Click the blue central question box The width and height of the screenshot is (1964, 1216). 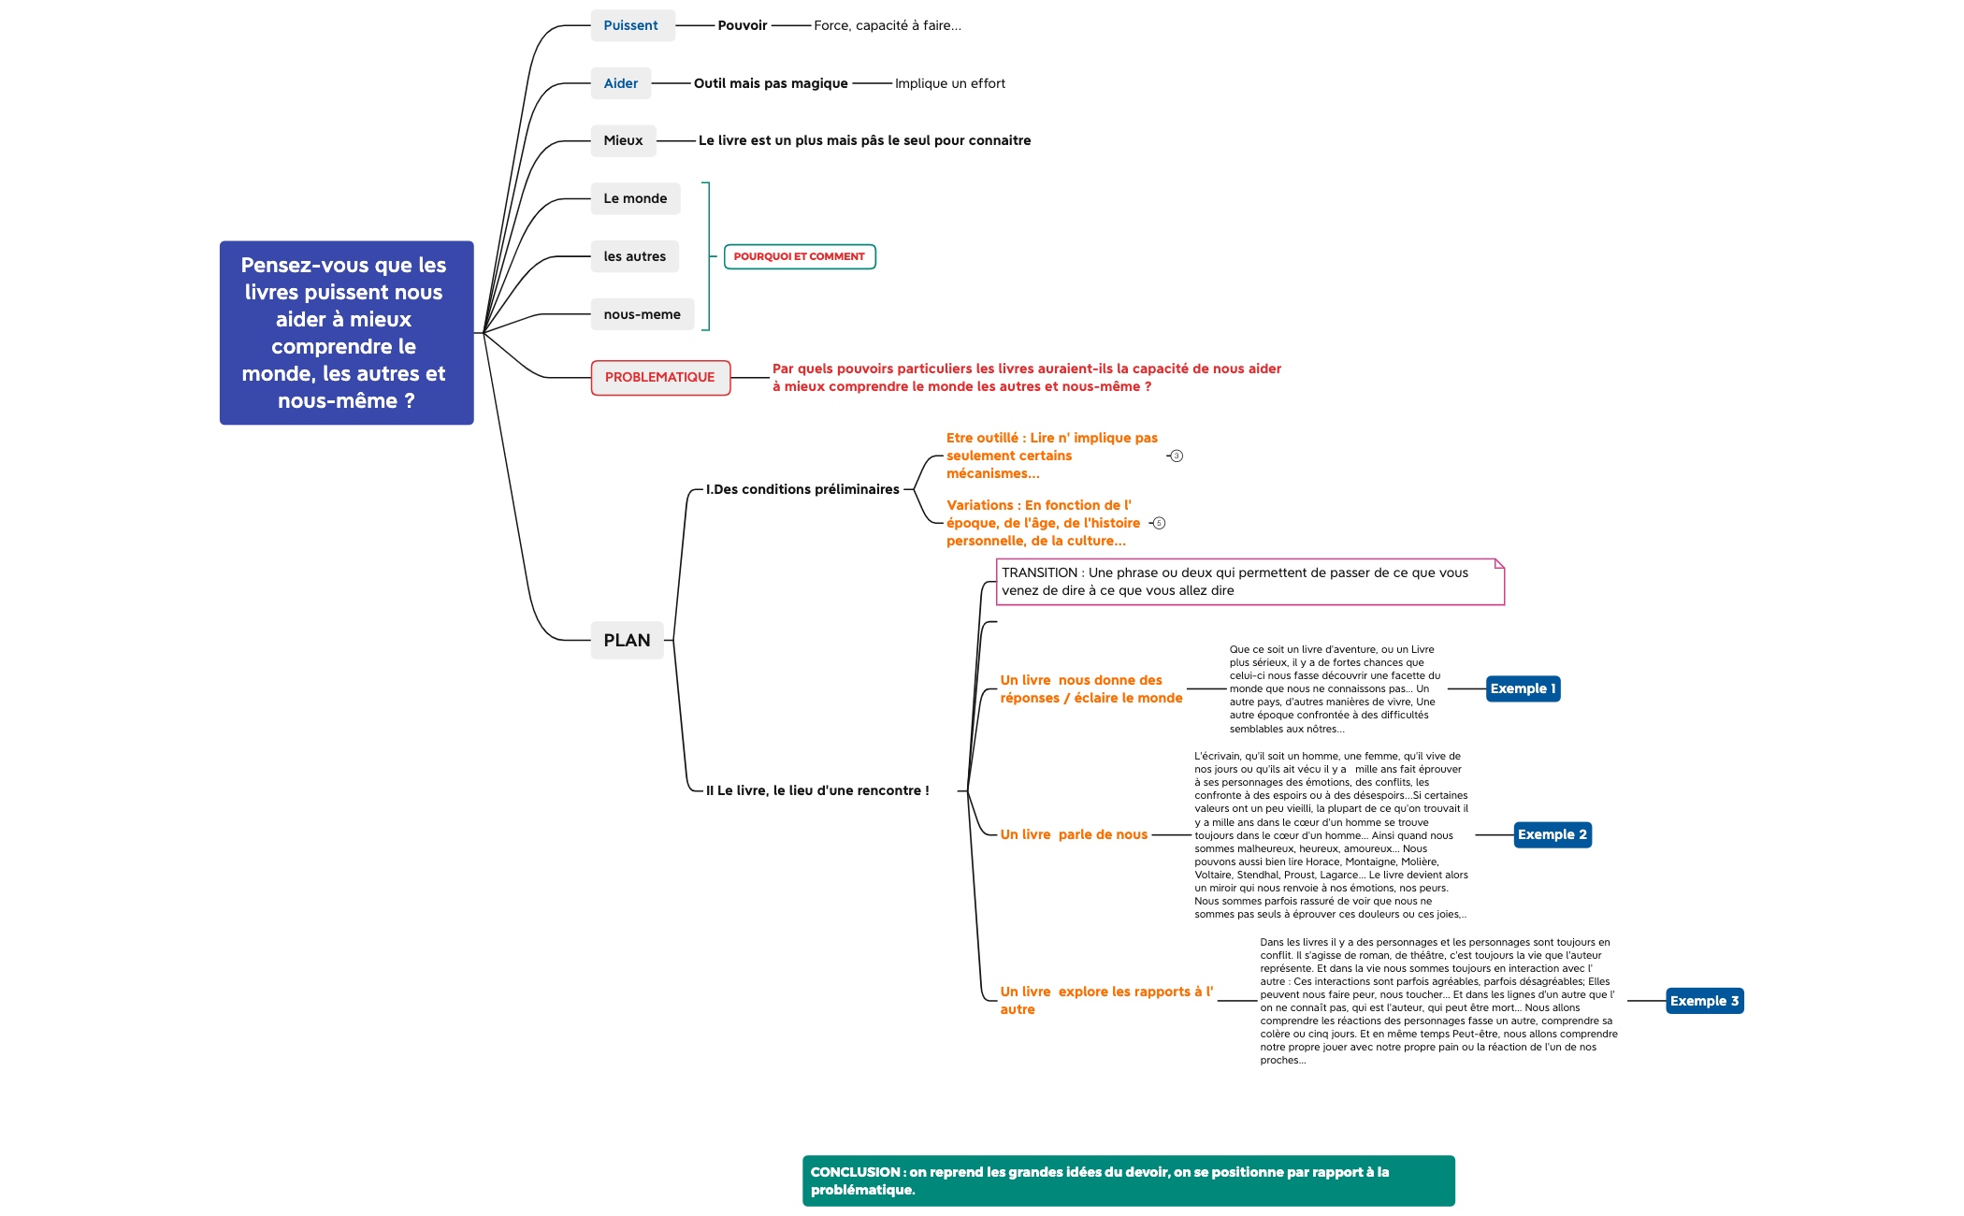pyautogui.click(x=346, y=332)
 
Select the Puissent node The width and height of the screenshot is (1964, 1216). pyautogui.click(x=631, y=25)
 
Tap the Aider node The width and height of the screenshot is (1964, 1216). pyautogui.click(x=621, y=83)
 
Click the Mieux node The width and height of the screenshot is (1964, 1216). pyautogui.click(x=623, y=140)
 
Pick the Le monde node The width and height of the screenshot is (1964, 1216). pyautogui.click(x=635, y=198)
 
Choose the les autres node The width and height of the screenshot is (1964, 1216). pyautogui.click(x=634, y=256)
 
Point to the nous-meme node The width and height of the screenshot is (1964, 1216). pyautogui.click(x=642, y=314)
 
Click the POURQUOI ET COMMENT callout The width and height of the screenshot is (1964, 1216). pyautogui.click(x=800, y=256)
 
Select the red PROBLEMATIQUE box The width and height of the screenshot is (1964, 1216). pyautogui.click(x=660, y=377)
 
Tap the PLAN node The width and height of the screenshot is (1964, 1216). pyautogui.click(x=627, y=640)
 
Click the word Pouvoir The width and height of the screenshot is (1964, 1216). pyautogui.click(x=742, y=25)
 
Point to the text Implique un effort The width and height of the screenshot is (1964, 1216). pyautogui.click(x=949, y=83)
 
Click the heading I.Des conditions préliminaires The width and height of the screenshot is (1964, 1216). pyautogui.click(x=802, y=489)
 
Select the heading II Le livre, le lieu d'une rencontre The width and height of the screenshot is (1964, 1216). pyautogui.click(x=817, y=790)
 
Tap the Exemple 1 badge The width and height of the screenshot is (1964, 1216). pyautogui.click(x=1523, y=688)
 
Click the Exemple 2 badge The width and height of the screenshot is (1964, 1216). pyautogui.click(x=1552, y=834)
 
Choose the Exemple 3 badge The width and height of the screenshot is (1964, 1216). pyautogui.click(x=1704, y=1001)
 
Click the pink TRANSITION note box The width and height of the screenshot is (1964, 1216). pyautogui.click(x=1249, y=582)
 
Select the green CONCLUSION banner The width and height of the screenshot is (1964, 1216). pyautogui.click(x=1128, y=1180)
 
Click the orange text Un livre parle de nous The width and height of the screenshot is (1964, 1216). pyautogui.click(x=1074, y=834)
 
